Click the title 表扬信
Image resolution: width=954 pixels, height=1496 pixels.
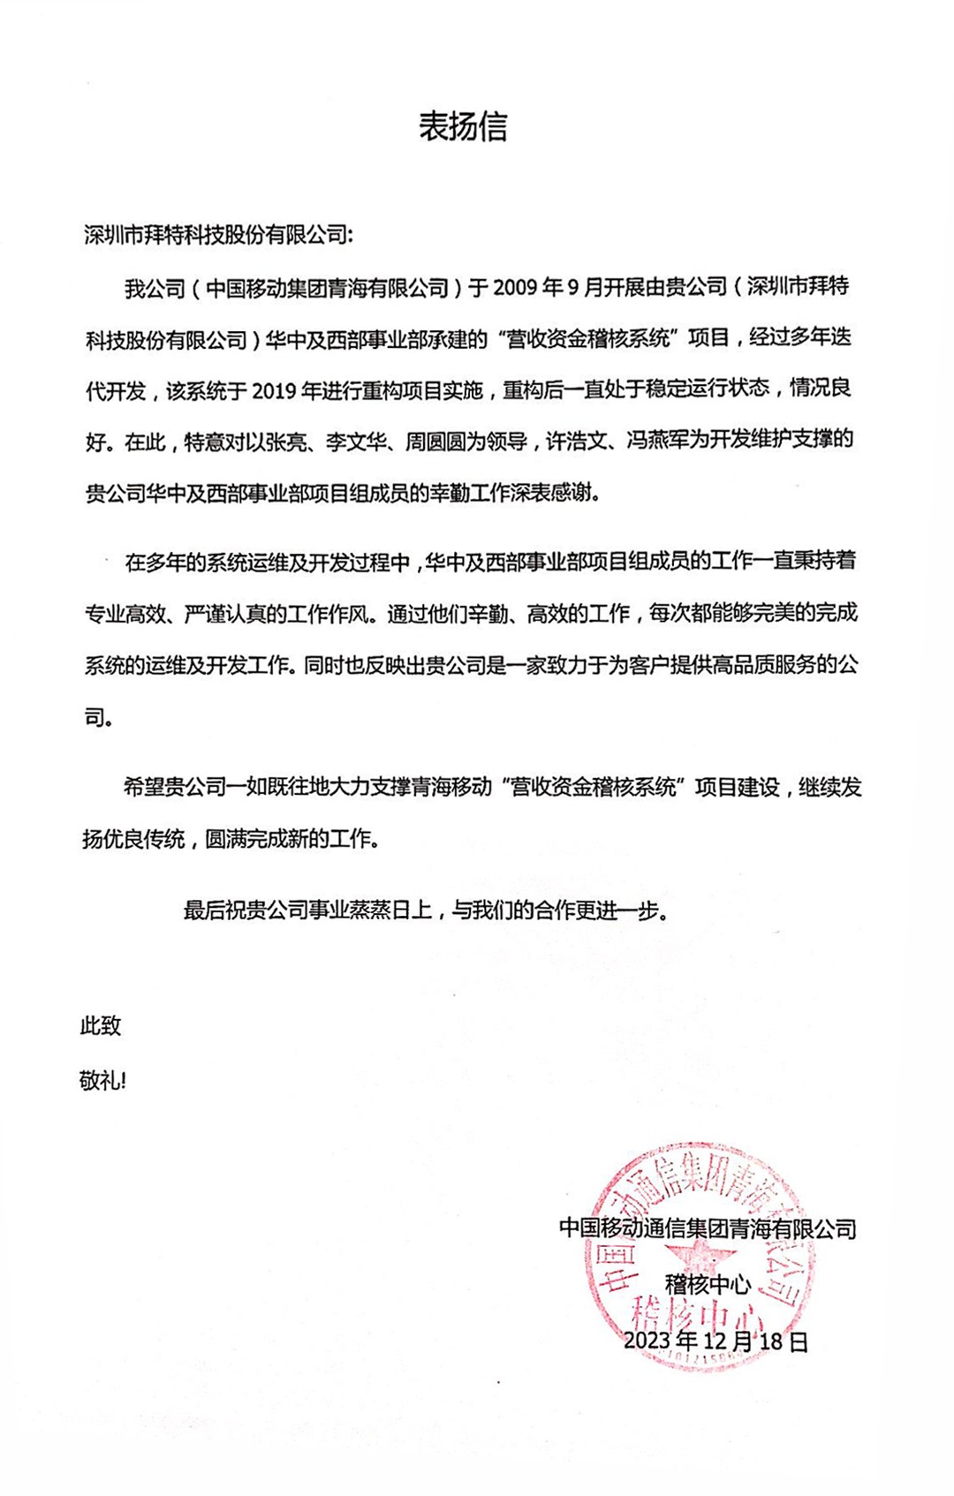coord(463,127)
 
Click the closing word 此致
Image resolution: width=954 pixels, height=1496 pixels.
coord(101,1026)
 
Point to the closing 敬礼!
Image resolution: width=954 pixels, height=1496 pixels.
coord(102,1080)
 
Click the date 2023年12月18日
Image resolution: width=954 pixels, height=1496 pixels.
coord(715,1341)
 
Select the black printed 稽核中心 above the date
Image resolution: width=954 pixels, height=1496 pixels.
coord(708,1283)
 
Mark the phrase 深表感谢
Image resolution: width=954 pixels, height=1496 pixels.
coord(554,493)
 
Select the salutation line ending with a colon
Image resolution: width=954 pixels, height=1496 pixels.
coord(218,236)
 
